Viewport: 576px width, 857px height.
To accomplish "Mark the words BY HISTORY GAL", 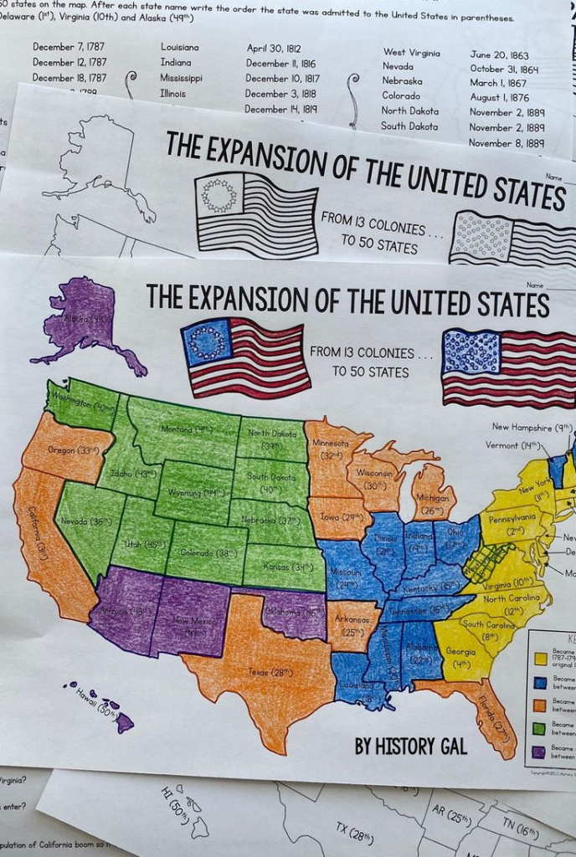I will (x=410, y=746).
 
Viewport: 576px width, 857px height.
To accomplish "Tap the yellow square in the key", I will (x=540, y=658).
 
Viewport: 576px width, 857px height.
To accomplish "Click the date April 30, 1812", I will (x=273, y=49).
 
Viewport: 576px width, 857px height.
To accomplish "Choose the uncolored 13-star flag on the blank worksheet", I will (x=255, y=215).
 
